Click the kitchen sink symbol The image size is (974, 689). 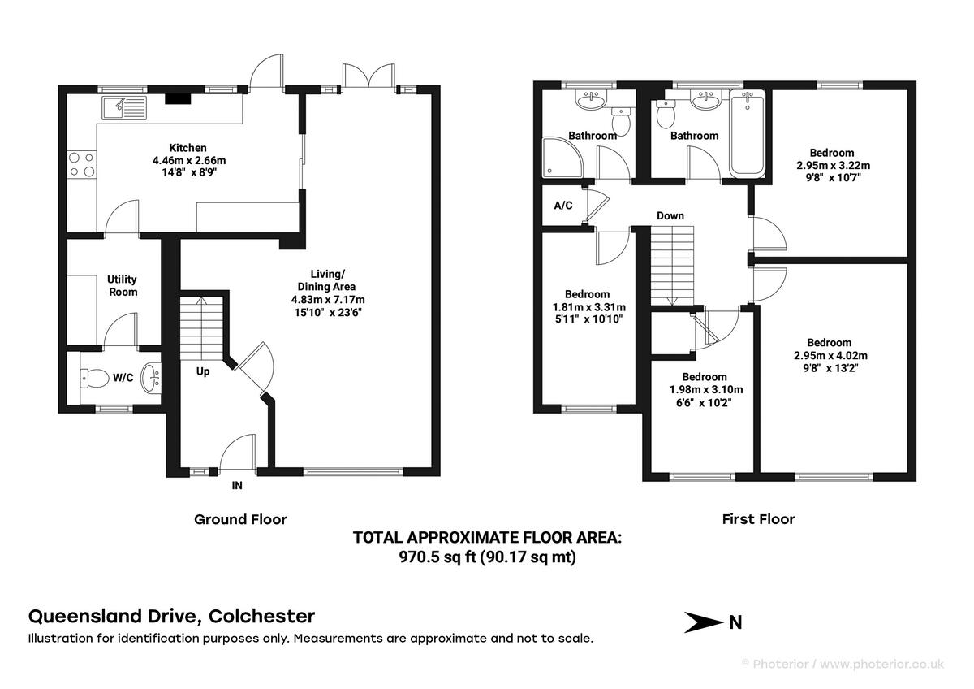123,106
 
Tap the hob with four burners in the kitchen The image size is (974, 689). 82,165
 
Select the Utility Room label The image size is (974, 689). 122,285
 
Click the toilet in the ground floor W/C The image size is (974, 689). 95,378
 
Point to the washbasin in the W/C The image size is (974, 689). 150,377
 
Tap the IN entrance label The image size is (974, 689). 237,486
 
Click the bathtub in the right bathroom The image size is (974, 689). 748,134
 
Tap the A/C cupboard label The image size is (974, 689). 563,206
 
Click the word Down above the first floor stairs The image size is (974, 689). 670,215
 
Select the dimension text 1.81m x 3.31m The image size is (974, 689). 588,307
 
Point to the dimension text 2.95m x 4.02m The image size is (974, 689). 830,356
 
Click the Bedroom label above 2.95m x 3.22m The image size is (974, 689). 832,153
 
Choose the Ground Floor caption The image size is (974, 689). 240,518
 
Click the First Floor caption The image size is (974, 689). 758,518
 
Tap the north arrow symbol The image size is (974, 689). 703,623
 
